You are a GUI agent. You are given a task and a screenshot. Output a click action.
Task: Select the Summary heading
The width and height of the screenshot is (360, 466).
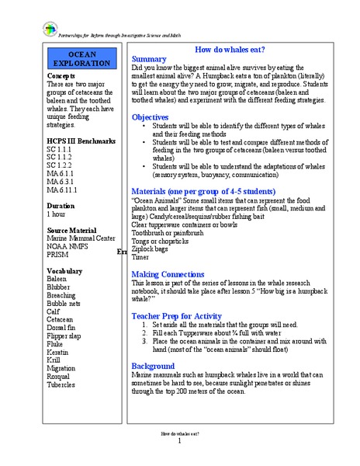(149, 59)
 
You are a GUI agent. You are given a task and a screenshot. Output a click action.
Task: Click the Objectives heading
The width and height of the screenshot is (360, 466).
(151, 117)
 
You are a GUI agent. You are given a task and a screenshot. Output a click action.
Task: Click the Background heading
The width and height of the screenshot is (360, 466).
(154, 366)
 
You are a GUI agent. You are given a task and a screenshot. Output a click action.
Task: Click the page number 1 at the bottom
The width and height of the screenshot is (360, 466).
(179, 442)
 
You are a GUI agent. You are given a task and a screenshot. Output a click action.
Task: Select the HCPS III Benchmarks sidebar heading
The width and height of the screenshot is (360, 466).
(81, 141)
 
